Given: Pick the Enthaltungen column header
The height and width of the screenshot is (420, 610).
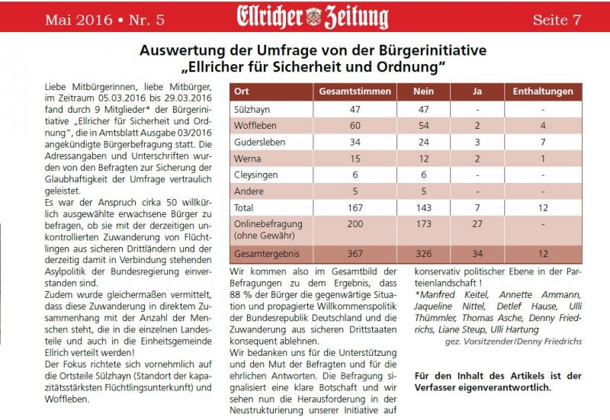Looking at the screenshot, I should click(x=543, y=91).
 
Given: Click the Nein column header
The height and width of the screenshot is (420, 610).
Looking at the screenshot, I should click(x=413, y=91).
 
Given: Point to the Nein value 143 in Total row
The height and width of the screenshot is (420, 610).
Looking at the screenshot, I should click(x=413, y=207).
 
